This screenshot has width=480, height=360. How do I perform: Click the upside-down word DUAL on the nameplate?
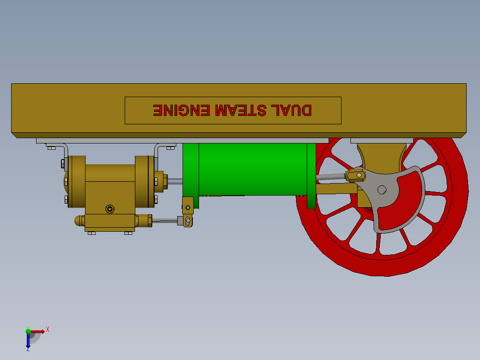(x=293, y=110)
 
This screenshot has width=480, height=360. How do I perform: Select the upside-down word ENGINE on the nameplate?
(x=181, y=110)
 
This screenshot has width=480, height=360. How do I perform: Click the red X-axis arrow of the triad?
(x=38, y=331)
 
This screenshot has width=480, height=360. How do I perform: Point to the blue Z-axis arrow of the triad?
(x=28, y=341)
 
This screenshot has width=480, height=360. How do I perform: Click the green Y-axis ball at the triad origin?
(x=28, y=331)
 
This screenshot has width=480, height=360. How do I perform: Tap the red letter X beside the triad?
(x=47, y=330)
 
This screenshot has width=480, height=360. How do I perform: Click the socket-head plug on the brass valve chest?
(x=110, y=209)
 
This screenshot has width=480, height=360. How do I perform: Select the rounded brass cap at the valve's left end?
(x=78, y=221)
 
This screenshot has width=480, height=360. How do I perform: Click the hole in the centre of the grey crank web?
(x=382, y=189)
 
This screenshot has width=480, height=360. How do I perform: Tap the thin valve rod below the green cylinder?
(x=165, y=220)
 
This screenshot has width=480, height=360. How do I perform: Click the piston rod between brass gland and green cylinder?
(x=175, y=181)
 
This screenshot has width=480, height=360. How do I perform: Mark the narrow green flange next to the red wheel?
(x=311, y=176)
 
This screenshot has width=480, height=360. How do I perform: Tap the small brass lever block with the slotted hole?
(x=188, y=221)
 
